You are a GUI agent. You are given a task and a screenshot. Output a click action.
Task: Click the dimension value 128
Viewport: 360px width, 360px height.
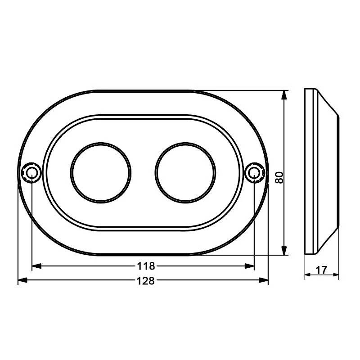(145, 281)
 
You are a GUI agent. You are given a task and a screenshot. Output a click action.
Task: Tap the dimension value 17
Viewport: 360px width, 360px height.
(321, 270)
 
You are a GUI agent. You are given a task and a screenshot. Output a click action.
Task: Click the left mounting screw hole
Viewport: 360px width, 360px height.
(31, 172)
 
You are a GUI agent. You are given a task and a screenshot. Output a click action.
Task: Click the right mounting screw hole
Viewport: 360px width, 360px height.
(254, 172)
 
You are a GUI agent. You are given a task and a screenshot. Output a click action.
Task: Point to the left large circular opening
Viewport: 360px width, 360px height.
(100, 172)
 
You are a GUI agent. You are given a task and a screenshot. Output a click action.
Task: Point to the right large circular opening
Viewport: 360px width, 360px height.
(185, 172)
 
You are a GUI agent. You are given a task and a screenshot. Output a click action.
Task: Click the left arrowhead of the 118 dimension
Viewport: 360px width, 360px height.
(35, 266)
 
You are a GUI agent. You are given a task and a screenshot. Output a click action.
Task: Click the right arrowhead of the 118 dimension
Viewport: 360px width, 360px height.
(251, 266)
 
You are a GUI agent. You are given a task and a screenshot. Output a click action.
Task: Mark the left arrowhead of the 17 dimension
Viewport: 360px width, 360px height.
(307, 275)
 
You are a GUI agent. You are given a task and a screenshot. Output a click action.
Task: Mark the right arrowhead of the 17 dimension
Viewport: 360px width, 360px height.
(336, 275)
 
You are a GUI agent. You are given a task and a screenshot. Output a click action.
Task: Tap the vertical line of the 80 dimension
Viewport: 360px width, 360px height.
(284, 135)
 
